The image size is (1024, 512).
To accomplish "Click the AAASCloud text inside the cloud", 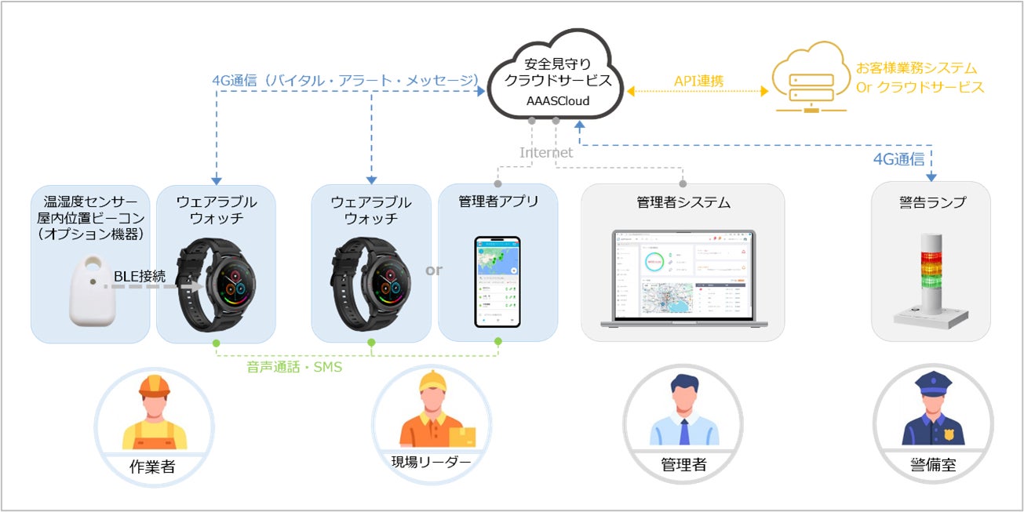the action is click(x=557, y=101).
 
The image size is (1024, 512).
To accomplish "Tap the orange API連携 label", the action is click(x=698, y=81).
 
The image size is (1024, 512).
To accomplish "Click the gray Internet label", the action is click(x=546, y=153).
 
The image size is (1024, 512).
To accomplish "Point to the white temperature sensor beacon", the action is click(x=91, y=291).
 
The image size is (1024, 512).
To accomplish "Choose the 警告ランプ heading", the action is click(x=931, y=202).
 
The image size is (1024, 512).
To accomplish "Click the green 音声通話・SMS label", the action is click(x=295, y=366).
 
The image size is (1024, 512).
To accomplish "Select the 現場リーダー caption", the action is click(x=431, y=461).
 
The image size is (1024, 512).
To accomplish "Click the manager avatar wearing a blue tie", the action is click(x=683, y=412).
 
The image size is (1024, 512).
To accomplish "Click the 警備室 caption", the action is click(x=933, y=464).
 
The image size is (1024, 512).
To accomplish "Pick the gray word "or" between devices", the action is click(x=434, y=271).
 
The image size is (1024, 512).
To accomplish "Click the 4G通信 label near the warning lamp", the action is click(x=899, y=159).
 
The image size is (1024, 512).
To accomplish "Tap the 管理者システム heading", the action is click(x=683, y=202).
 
